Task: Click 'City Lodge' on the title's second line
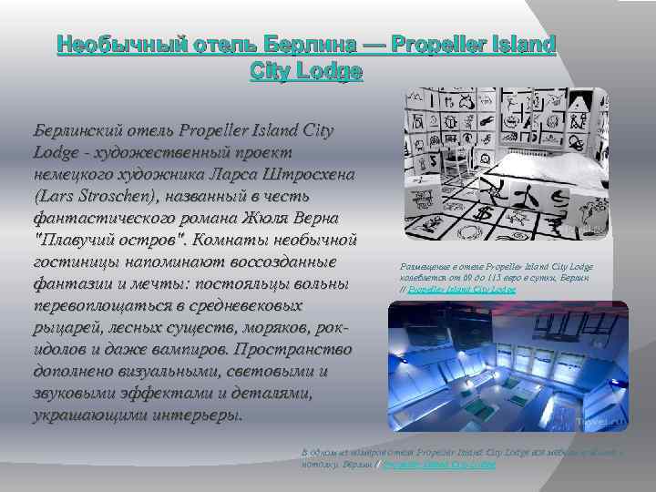click(305, 71)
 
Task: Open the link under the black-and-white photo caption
click(462, 289)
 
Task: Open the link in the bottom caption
click(440, 465)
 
